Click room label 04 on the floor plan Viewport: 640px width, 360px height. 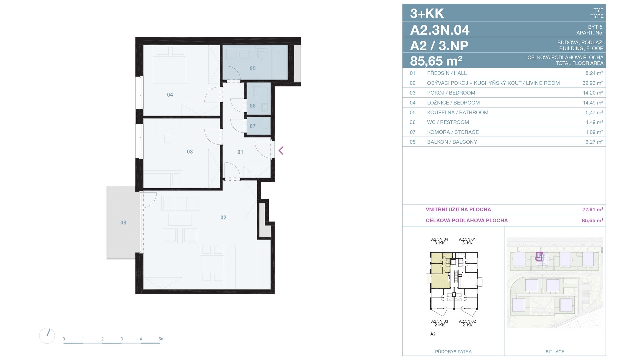[x=170, y=95]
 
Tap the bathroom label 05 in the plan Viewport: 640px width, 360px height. [x=253, y=69]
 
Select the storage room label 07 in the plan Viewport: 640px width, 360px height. [x=253, y=126]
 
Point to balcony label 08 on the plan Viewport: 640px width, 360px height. [x=123, y=223]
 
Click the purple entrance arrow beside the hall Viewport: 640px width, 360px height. [x=281, y=151]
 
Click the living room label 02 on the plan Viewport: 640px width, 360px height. [x=223, y=218]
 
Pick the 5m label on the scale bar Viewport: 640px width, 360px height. [x=162, y=339]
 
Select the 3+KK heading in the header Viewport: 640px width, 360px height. [x=427, y=14]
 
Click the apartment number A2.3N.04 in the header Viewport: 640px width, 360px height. [x=440, y=30]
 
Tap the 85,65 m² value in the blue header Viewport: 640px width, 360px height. [x=436, y=61]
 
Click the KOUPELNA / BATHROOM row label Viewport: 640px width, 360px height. [x=458, y=113]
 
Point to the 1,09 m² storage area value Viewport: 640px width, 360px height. [x=594, y=132]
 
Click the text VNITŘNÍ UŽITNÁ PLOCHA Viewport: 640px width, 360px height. [x=459, y=210]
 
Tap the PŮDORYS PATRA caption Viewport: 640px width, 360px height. [x=453, y=352]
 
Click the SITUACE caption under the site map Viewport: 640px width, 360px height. [x=555, y=352]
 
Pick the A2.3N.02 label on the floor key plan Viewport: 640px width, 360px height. [x=467, y=321]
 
